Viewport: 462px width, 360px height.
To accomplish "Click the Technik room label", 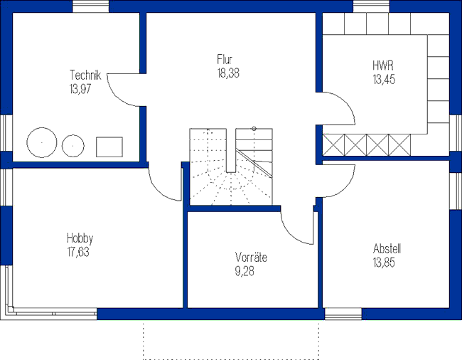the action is (x=85, y=75).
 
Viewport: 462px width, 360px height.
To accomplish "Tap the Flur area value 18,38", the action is (x=228, y=73).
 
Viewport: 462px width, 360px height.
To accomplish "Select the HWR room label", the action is (x=383, y=65).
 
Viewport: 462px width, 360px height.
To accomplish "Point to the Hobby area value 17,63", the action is (x=78, y=252).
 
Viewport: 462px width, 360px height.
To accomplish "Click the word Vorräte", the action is (x=251, y=258).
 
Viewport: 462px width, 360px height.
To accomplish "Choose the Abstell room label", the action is (x=387, y=248).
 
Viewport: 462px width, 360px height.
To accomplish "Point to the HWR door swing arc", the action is (x=345, y=102).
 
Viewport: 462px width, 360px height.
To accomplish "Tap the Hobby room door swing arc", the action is (x=159, y=191).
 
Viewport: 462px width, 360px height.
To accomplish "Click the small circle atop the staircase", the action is (x=254, y=129).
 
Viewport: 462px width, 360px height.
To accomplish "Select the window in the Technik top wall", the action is (x=91, y=6).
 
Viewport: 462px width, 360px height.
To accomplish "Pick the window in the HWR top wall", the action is (x=371, y=6).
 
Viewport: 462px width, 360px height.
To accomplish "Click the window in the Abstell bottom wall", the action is (x=343, y=314).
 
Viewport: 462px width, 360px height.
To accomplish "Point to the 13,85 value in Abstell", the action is (x=384, y=263).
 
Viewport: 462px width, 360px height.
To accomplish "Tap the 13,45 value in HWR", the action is (x=384, y=79).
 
